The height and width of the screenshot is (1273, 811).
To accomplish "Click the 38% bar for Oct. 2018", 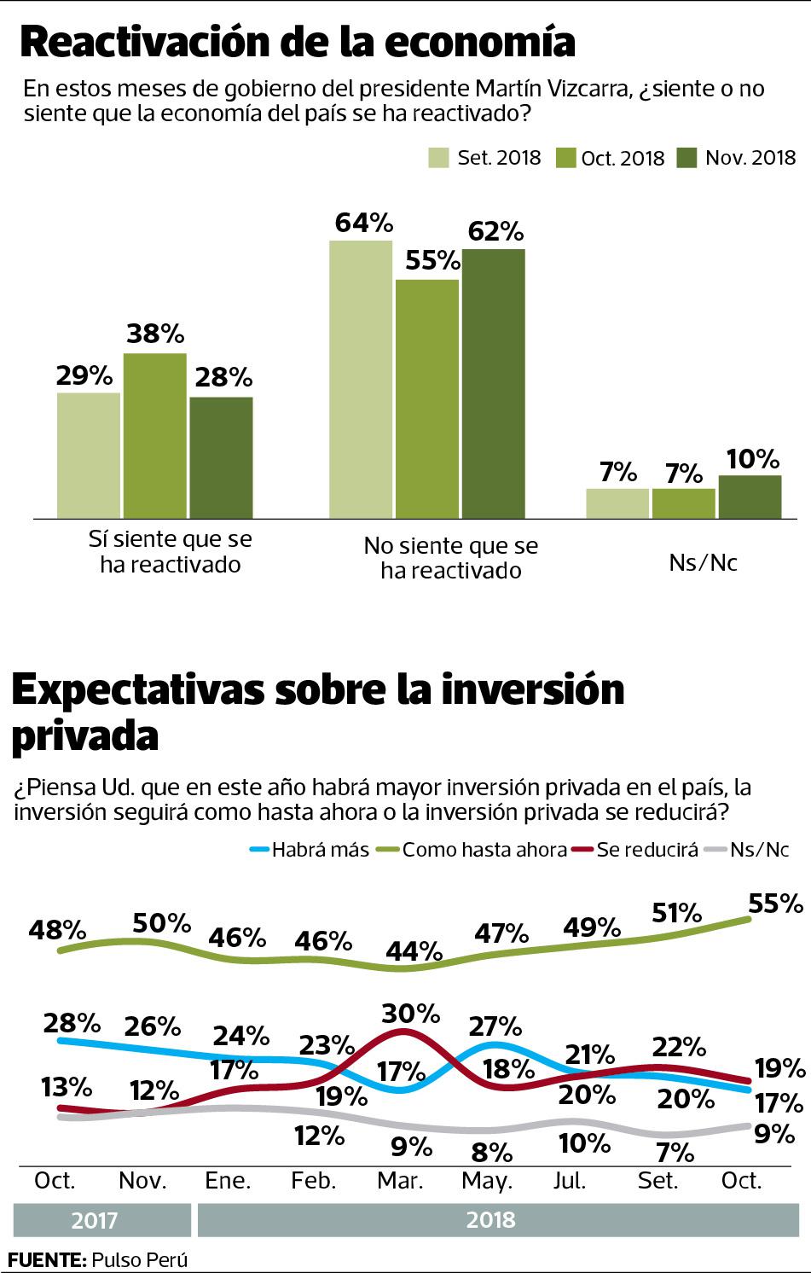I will point(154,435).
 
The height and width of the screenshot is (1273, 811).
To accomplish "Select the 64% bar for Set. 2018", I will point(361,379).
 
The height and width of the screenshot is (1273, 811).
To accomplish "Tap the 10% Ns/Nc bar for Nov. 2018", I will point(750,497).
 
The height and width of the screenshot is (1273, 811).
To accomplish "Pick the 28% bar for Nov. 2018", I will point(221,457).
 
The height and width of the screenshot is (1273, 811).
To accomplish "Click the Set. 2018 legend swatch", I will point(438,158).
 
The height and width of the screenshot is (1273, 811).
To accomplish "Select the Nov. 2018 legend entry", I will point(736,158).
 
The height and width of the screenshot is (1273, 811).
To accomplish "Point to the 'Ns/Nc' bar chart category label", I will point(704,563).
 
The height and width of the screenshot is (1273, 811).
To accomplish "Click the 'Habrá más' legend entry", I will point(309,849).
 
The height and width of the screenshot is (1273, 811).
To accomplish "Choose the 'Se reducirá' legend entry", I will point(636,849).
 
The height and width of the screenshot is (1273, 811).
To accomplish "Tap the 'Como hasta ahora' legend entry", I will point(473,849).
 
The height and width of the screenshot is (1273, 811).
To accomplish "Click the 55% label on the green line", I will point(774,903).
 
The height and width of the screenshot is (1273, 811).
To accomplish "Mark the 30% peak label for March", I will point(410,1014).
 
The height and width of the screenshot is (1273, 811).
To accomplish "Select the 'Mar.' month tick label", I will point(400,1181).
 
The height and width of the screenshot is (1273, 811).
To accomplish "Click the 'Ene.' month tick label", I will point(228,1181).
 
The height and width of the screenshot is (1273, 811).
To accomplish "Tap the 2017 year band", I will point(95,1220).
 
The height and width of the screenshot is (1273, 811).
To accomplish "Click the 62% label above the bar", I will point(495,231).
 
